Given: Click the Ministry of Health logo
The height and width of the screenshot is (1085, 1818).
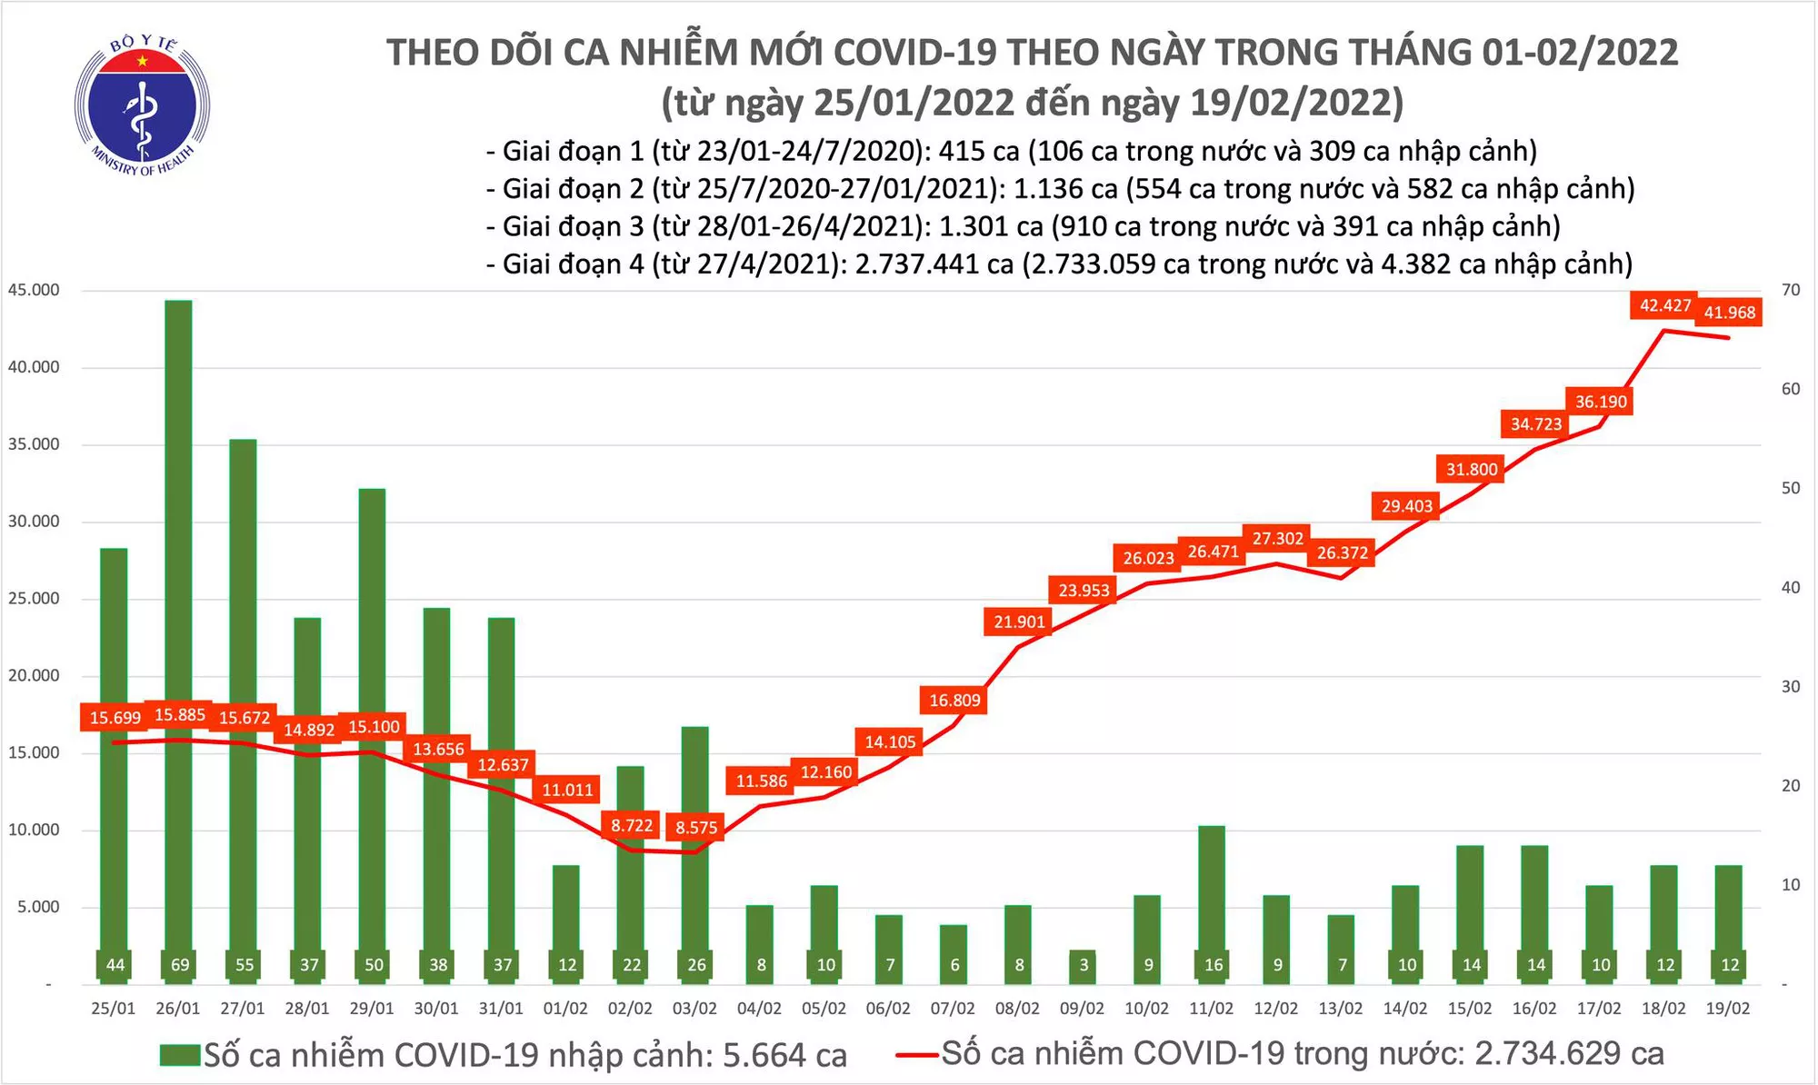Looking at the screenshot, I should (x=142, y=105).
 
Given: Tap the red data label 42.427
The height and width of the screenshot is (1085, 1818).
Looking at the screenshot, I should (x=1664, y=305).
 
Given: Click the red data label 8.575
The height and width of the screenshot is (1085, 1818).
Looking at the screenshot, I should (x=696, y=827).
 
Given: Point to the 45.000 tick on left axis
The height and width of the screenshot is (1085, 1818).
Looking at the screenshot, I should (x=34, y=290).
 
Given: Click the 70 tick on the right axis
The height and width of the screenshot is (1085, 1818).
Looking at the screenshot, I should (x=1791, y=290).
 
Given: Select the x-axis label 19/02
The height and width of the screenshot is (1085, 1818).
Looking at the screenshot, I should (x=1728, y=1009).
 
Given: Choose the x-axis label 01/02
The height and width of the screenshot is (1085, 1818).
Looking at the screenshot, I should (x=565, y=1009).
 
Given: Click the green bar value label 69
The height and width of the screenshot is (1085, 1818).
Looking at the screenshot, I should (x=179, y=965).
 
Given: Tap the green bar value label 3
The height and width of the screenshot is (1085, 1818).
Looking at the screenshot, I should (x=1084, y=965).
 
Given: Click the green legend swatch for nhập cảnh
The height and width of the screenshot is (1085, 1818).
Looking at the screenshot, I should (x=179, y=1055).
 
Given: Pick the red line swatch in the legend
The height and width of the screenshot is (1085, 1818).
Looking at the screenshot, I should (x=916, y=1055).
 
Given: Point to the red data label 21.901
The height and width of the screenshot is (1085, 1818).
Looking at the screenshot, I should (x=1019, y=622).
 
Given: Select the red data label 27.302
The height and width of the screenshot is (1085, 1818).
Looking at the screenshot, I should (x=1277, y=538).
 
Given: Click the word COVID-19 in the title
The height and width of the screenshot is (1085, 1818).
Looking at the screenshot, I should (x=914, y=53).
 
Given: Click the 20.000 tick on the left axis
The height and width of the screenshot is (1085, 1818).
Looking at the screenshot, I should (x=34, y=675).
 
